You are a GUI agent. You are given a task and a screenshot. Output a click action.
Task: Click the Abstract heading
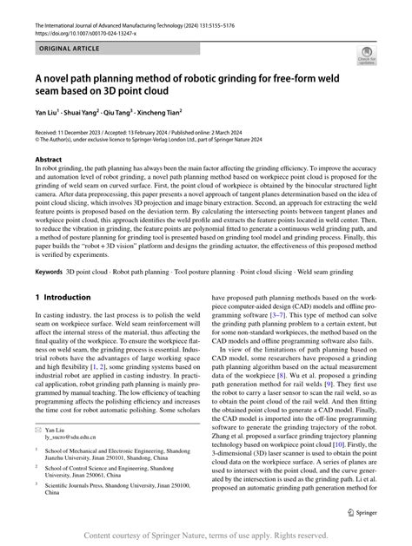49,161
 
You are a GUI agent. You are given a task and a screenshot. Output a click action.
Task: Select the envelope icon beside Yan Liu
38,454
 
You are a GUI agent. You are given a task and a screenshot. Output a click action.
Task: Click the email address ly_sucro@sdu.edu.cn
70,463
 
